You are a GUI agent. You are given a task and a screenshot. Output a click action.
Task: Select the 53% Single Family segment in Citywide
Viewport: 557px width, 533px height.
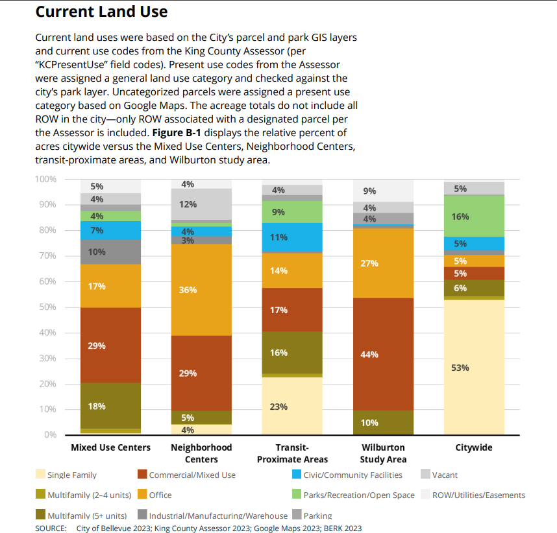tap(474, 367)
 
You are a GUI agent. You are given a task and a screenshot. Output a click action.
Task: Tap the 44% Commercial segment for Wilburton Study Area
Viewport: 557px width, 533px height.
tap(383, 354)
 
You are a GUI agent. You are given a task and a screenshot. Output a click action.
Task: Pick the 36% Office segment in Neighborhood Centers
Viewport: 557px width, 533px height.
tap(201, 290)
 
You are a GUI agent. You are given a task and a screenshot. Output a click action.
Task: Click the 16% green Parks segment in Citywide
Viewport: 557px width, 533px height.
tap(474, 217)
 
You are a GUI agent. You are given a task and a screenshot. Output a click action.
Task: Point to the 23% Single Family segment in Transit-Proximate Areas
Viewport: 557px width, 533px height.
tap(292, 406)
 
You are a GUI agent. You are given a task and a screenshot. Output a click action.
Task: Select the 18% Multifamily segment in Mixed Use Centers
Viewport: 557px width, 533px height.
tap(110, 406)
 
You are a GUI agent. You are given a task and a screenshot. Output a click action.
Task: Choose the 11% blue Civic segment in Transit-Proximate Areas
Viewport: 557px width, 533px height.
tap(292, 237)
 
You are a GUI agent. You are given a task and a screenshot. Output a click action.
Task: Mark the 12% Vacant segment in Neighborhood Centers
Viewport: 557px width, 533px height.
tap(201, 204)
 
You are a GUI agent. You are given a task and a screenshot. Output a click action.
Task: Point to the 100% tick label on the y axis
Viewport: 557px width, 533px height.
tap(46, 179)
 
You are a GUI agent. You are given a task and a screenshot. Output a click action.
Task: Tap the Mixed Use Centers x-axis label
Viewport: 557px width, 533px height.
tap(110, 447)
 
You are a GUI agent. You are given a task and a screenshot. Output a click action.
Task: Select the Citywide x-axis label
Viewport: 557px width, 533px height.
tap(474, 447)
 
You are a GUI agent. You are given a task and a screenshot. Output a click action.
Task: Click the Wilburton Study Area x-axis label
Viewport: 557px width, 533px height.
tap(383, 453)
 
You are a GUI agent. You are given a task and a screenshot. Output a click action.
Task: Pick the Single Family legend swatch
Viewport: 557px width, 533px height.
tap(40, 475)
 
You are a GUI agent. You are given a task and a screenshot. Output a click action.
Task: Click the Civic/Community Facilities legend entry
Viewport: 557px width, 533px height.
tap(353, 475)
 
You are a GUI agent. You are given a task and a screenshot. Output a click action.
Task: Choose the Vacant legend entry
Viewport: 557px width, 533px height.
tap(445, 475)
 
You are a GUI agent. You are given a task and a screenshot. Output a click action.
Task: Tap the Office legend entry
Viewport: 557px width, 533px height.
tap(160, 495)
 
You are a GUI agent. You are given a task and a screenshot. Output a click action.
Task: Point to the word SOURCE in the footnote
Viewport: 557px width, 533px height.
tap(51, 528)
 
